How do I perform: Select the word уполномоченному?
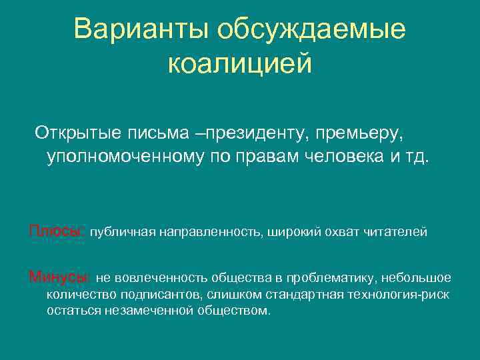tap(118, 159)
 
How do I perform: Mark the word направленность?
tap(209, 231)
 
